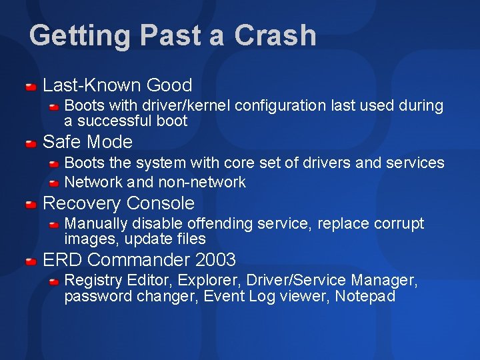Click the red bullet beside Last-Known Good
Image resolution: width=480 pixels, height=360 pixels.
pos(31,86)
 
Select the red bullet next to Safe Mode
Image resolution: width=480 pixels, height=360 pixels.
pos(31,143)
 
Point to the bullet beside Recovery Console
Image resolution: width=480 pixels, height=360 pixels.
pos(31,204)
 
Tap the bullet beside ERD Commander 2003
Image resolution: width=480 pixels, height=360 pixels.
pos(31,260)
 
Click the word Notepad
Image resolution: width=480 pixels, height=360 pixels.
pos(365,296)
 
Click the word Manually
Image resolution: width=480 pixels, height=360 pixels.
pos(93,223)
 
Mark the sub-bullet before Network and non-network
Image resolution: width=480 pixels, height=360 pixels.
pos(55,182)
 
